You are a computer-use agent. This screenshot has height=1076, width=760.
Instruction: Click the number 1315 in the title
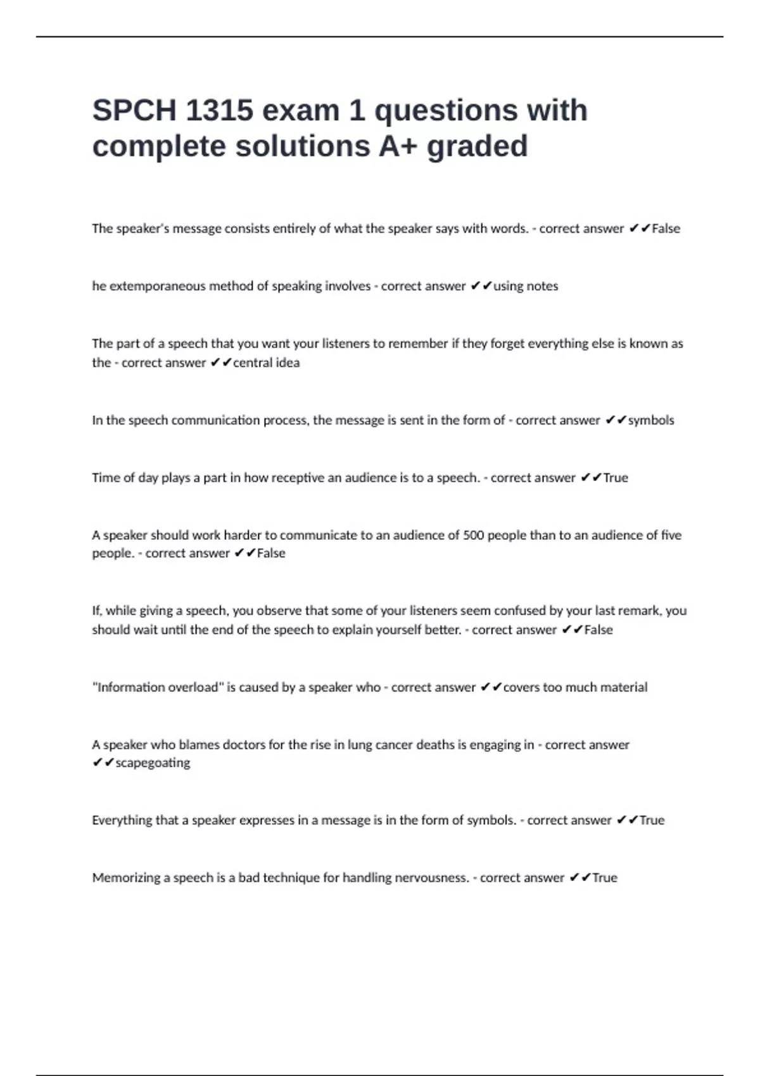point(219,111)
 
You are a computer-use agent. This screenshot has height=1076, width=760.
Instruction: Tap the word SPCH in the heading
point(134,111)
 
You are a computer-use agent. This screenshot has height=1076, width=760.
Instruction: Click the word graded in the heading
point(477,146)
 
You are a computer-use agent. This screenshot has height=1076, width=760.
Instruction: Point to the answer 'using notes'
point(526,286)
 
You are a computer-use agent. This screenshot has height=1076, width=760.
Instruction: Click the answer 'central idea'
point(266,363)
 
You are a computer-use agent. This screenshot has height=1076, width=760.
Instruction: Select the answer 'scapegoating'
point(153,763)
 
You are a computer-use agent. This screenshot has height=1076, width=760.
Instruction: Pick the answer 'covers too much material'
point(575,687)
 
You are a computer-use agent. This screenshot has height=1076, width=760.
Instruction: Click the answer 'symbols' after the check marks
point(651,420)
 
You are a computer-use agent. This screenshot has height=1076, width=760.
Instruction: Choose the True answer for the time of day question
point(615,478)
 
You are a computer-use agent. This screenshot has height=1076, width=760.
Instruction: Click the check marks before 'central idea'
point(221,363)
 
